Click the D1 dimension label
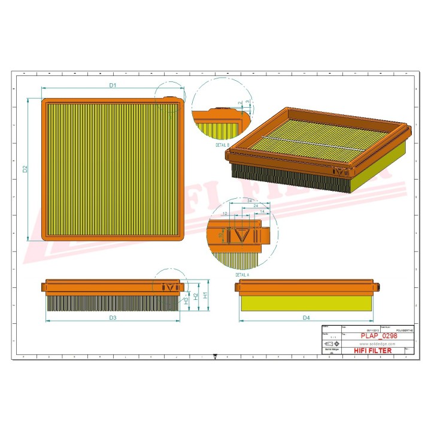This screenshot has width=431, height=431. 112,86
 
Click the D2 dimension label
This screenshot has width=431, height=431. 25,169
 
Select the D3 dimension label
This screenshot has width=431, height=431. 112,317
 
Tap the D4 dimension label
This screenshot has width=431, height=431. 306,317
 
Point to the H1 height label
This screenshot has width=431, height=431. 205,295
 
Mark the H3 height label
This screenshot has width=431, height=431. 186,301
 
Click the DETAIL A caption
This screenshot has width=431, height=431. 242,274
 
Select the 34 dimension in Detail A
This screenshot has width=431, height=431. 247,200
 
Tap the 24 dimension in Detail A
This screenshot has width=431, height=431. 256,206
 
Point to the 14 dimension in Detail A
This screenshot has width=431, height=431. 262,212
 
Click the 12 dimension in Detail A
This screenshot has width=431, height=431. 225,213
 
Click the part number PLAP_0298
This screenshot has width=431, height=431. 378,336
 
